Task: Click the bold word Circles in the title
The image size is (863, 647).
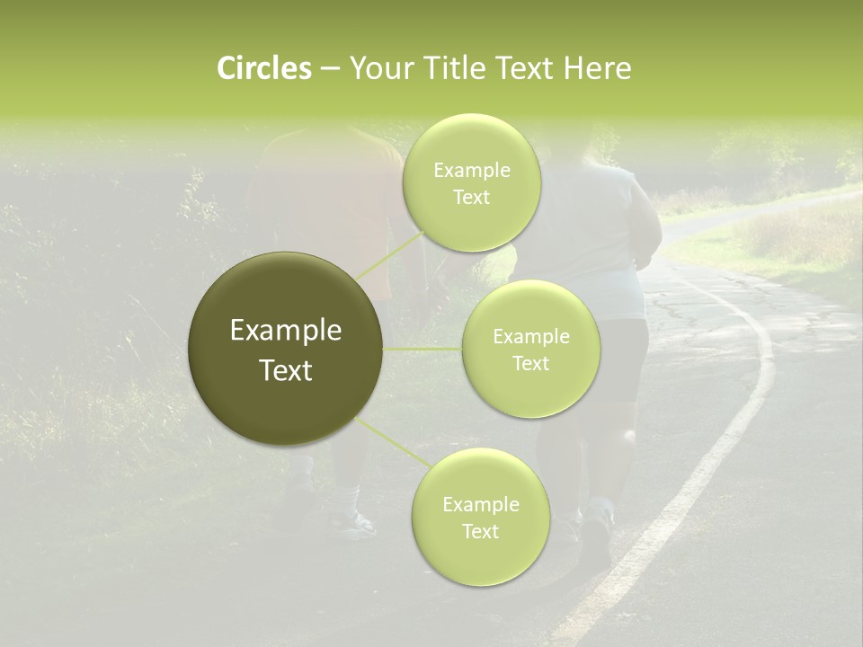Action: point(263,68)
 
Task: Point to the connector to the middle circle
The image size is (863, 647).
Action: point(423,349)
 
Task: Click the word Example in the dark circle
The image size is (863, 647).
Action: point(286,331)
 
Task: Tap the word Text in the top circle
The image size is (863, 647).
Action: point(471,198)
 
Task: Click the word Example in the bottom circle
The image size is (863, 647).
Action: point(480,505)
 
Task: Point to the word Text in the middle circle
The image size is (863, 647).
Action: point(530,364)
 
